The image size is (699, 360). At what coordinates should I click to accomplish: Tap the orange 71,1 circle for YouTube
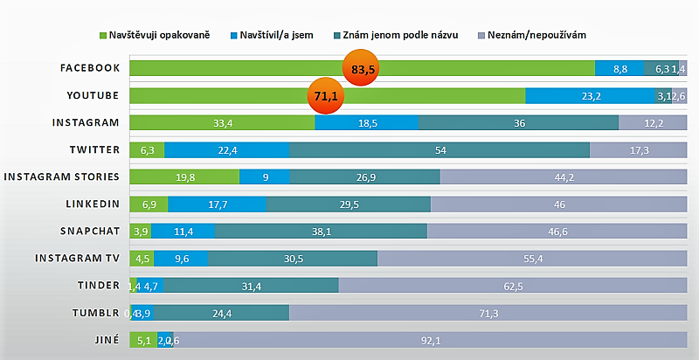pyautogui.click(x=325, y=96)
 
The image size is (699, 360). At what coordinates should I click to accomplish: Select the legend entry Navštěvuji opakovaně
pyautogui.click(x=158, y=34)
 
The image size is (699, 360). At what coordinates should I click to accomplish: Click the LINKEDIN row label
pyautogui.click(x=92, y=204)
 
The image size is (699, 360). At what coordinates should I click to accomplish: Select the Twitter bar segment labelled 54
pyautogui.click(x=439, y=150)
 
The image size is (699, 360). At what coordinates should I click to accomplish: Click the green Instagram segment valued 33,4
pyautogui.click(x=222, y=123)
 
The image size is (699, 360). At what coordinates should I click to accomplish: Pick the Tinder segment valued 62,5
pyautogui.click(x=512, y=286)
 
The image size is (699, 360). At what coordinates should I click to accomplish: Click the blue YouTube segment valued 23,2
pyautogui.click(x=590, y=96)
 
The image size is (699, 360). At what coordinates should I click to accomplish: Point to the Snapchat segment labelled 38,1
pyautogui.click(x=321, y=232)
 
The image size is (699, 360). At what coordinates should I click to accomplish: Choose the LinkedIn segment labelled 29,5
pyautogui.click(x=348, y=204)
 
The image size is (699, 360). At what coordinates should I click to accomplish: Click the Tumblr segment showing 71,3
pyautogui.click(x=488, y=313)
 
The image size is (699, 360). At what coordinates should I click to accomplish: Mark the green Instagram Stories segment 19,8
pyautogui.click(x=184, y=177)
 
